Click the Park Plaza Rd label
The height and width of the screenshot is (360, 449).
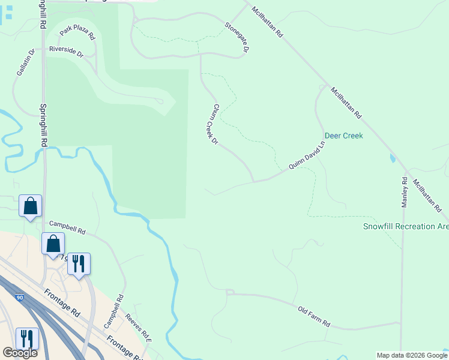coord(77,32)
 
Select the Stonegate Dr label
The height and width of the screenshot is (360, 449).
coord(237,36)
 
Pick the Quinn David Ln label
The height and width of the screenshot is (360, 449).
coord(306,154)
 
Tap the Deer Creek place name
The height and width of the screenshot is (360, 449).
coord(344,136)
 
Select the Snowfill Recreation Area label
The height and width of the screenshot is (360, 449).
coord(406,226)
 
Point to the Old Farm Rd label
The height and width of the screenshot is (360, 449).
coord(314,316)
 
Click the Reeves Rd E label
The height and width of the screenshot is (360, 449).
coord(139,328)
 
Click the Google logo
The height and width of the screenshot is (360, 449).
coord(20,352)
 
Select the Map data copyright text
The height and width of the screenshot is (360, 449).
coord(412,355)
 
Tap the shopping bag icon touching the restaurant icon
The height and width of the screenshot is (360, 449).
coord(53,244)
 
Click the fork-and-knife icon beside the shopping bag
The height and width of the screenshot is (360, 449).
coord(78,263)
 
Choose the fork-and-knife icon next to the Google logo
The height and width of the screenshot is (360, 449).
coord(26,338)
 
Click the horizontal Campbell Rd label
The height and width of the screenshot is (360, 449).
coord(67,227)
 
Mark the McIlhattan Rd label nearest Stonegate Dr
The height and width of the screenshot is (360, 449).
coord(267,23)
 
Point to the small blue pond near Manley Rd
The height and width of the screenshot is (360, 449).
coord(393,158)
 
